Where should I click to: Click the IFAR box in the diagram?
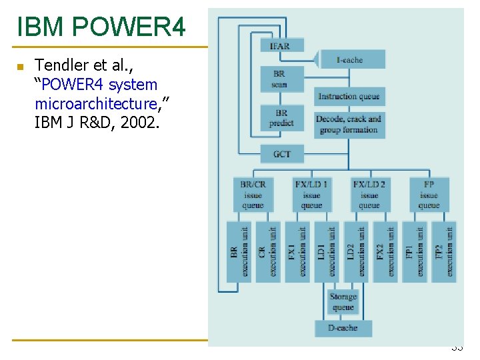pyautogui.click(x=281, y=45)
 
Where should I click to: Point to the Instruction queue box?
pyautogui.click(x=349, y=96)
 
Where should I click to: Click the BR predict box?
pyautogui.click(x=281, y=119)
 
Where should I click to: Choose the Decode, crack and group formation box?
pyautogui.click(x=349, y=124)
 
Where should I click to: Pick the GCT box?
pyautogui.click(x=281, y=154)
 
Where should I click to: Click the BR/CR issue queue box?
pyautogui.click(x=253, y=195)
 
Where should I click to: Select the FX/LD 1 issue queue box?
pyautogui.click(x=311, y=195)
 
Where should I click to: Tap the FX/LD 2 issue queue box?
pyautogui.click(x=369, y=195)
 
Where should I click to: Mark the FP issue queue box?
pyautogui.click(x=429, y=195)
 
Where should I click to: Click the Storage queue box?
pyautogui.click(x=343, y=302)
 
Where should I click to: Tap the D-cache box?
pyautogui.click(x=343, y=328)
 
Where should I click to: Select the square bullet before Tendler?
pyautogui.click(x=20, y=67)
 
